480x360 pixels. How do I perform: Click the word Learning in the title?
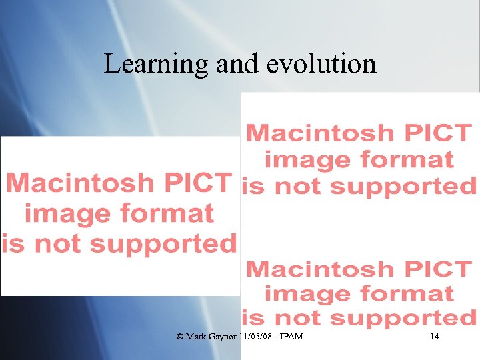(x=156, y=64)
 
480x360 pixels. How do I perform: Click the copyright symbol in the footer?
(x=179, y=337)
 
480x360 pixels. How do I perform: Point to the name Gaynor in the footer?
(x=221, y=337)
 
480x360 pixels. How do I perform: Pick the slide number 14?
(x=435, y=337)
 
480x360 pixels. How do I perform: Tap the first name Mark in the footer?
(x=195, y=337)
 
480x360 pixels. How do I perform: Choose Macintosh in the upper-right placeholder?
(x=320, y=133)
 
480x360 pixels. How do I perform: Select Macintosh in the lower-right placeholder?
(x=320, y=269)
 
